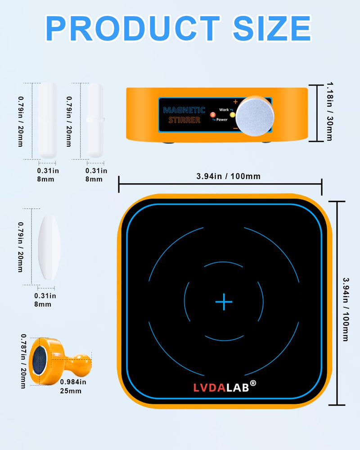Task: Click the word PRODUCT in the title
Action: pyautogui.click(x=133, y=28)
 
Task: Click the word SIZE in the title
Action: pyautogui.click(x=272, y=28)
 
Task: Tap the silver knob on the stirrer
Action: pyautogui.click(x=255, y=116)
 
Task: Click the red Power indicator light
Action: pyautogui.click(x=213, y=115)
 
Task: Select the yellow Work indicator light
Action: pyautogui.click(x=232, y=115)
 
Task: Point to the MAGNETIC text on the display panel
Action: pyautogui.click(x=184, y=110)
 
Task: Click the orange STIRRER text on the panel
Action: pyautogui.click(x=184, y=120)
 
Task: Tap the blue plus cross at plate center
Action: pyautogui.click(x=224, y=301)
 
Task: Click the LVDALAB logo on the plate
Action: pyautogui.click(x=225, y=387)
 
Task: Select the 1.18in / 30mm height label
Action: pyautogui.click(x=330, y=112)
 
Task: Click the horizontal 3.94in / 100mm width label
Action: pyautogui.click(x=228, y=176)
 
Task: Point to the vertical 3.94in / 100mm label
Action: pyautogui.click(x=346, y=309)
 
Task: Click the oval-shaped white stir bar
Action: pyautogui.click(x=49, y=247)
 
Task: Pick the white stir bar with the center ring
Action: pyautogui.click(x=95, y=120)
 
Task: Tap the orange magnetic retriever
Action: pyautogui.click(x=60, y=361)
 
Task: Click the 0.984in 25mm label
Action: pyautogui.click(x=73, y=386)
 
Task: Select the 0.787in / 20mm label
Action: pyautogui.click(x=23, y=361)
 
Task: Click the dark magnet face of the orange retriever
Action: pyautogui.click(x=39, y=360)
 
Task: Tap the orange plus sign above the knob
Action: pyautogui.click(x=235, y=102)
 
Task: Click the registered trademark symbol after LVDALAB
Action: pyautogui.click(x=253, y=383)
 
